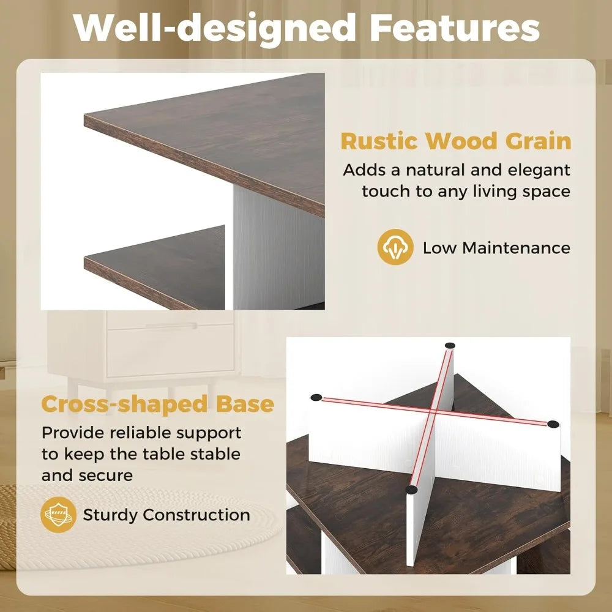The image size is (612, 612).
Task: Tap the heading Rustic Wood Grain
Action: [455, 141]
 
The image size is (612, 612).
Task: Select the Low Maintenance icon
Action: [394, 247]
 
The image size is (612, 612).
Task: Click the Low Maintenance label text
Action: [496, 248]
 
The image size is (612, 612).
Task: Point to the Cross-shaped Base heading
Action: [157, 404]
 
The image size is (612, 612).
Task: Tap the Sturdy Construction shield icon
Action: [58, 515]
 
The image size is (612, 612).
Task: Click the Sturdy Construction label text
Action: [166, 515]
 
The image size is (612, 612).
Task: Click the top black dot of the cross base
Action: [450, 346]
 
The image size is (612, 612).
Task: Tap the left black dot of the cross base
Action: [316, 397]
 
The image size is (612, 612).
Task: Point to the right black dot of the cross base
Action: [553, 424]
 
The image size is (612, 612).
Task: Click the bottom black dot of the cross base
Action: [411, 490]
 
